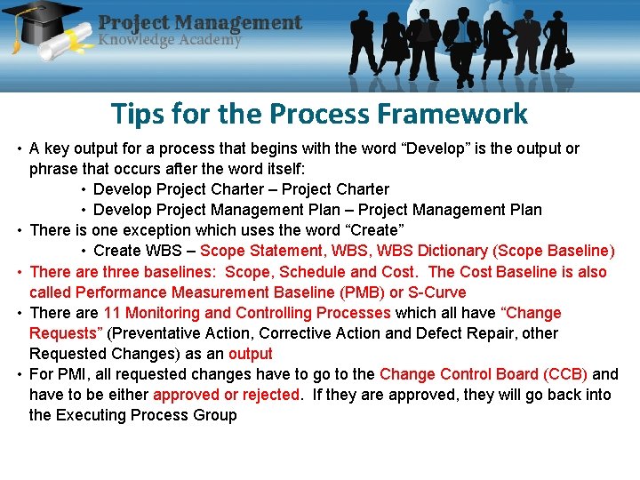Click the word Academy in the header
click(204, 39)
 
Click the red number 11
click(112, 313)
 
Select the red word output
click(251, 354)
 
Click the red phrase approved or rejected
click(226, 395)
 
